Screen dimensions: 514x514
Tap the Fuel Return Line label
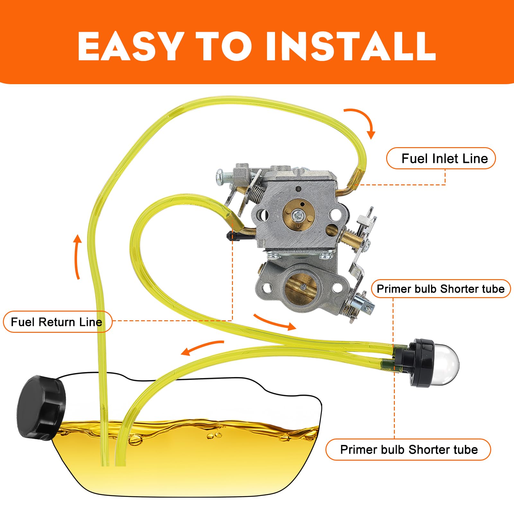coord(57,322)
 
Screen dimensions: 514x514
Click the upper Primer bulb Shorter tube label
coord(440,289)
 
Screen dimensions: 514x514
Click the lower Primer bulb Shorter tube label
coord(408,449)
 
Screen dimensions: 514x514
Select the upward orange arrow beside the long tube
coord(77,257)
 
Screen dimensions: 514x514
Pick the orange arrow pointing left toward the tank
coord(201,348)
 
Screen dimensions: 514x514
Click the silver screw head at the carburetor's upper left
coord(221,175)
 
